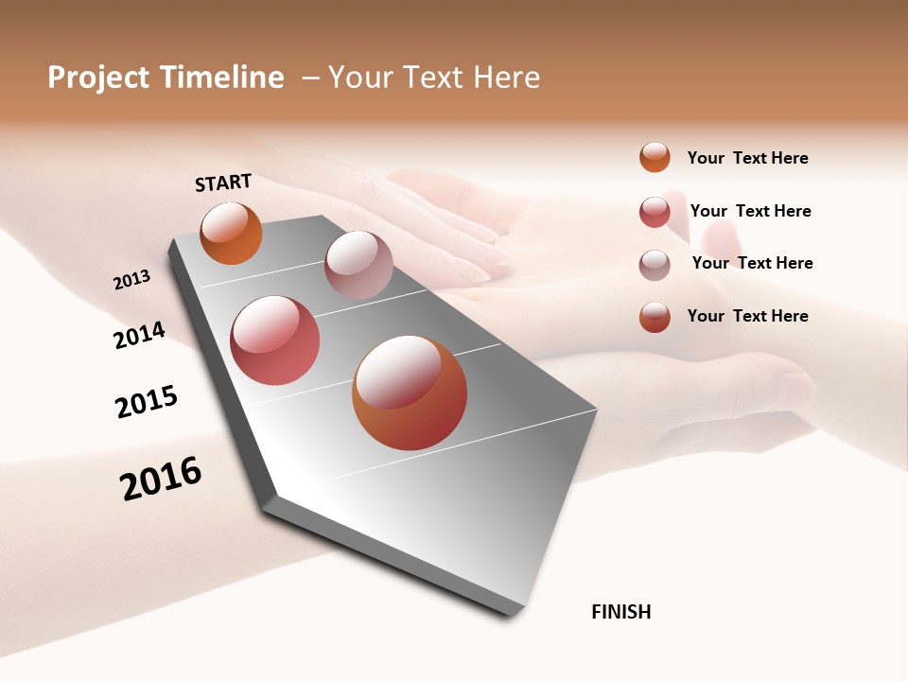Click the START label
[223, 183]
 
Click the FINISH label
[620, 612]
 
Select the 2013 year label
[131, 280]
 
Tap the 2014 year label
[139, 336]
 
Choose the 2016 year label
[161, 478]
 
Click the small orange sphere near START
[231, 234]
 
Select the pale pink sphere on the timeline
[358, 265]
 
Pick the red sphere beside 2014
[274, 340]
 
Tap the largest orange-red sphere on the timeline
[410, 393]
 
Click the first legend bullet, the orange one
[655, 157]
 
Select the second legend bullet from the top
[655, 212]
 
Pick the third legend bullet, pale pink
[655, 265]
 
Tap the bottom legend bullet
[655, 317]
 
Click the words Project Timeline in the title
[166, 78]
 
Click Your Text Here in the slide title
[434, 78]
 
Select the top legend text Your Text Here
[747, 158]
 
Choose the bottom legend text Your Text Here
[747, 316]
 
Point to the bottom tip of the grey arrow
[512, 613]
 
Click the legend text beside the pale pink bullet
[752, 263]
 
